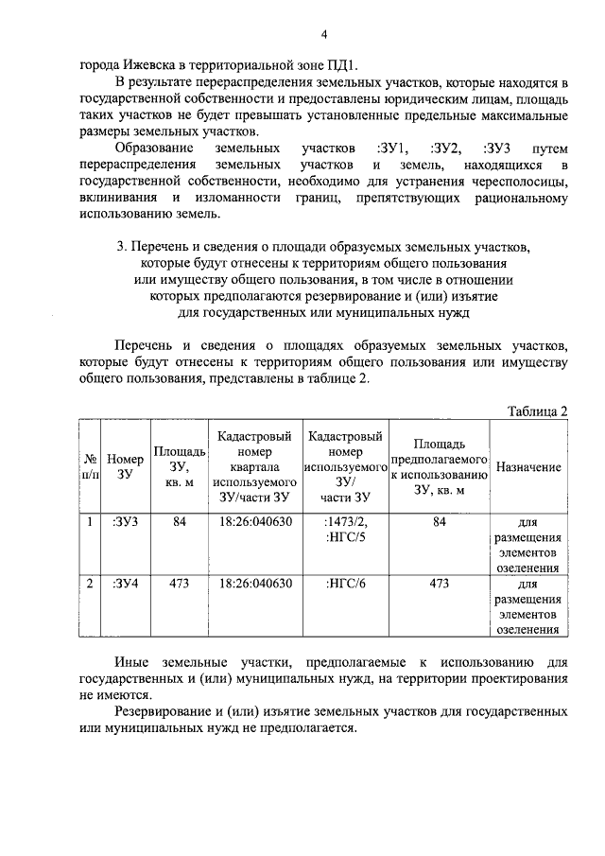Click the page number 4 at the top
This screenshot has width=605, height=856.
tap(322, 36)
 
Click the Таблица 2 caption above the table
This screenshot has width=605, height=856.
tap(537, 411)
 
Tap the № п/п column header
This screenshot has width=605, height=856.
tap(90, 466)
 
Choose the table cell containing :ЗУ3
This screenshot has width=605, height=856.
tap(124, 521)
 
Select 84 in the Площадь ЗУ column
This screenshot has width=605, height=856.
tap(180, 521)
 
